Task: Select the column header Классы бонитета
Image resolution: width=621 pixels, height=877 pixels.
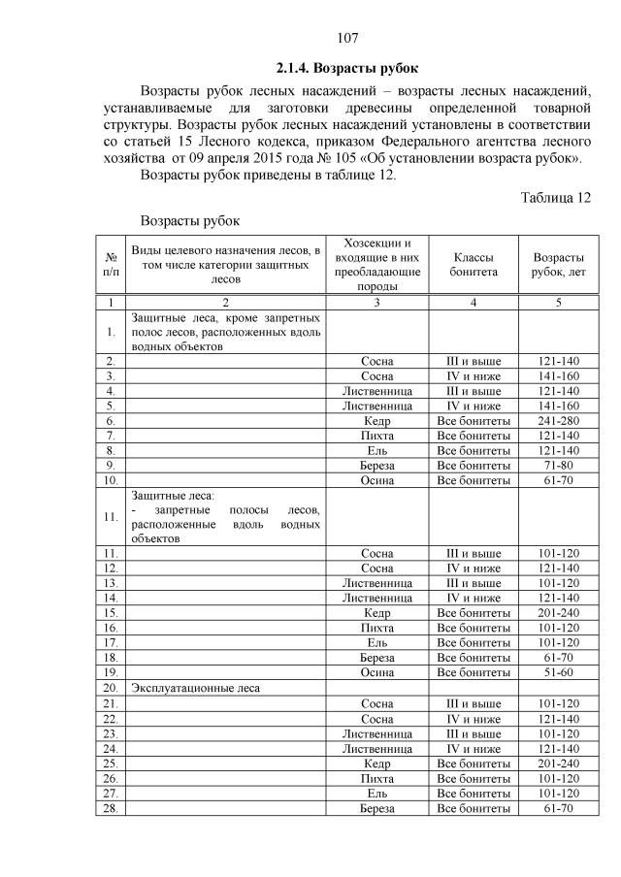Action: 473,265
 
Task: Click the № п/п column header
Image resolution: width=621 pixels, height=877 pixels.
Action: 111,265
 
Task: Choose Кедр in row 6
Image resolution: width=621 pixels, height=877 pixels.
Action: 376,422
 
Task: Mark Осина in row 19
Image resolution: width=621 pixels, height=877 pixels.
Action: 376,672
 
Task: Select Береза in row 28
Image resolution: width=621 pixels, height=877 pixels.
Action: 376,807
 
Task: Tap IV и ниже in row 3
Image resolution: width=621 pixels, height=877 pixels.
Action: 473,376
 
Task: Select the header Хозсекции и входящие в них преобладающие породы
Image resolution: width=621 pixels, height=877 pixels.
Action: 376,265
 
